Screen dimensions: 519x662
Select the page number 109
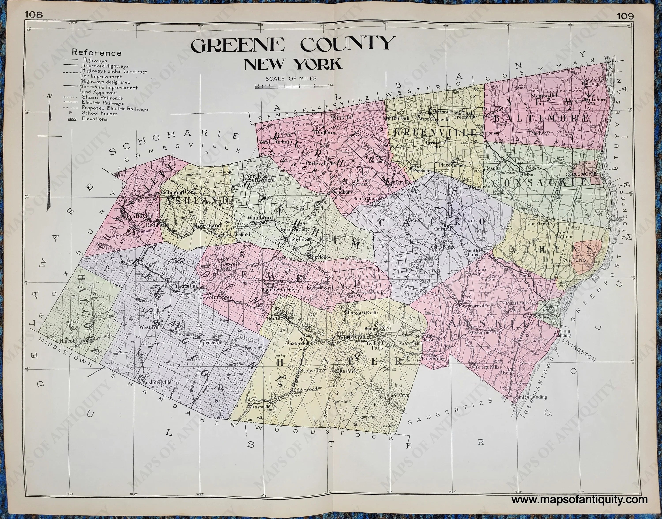pos(625,16)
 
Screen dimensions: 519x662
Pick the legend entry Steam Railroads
pos(102,97)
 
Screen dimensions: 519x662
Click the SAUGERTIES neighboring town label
pos(450,411)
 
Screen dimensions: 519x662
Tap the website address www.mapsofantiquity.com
pos(579,500)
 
